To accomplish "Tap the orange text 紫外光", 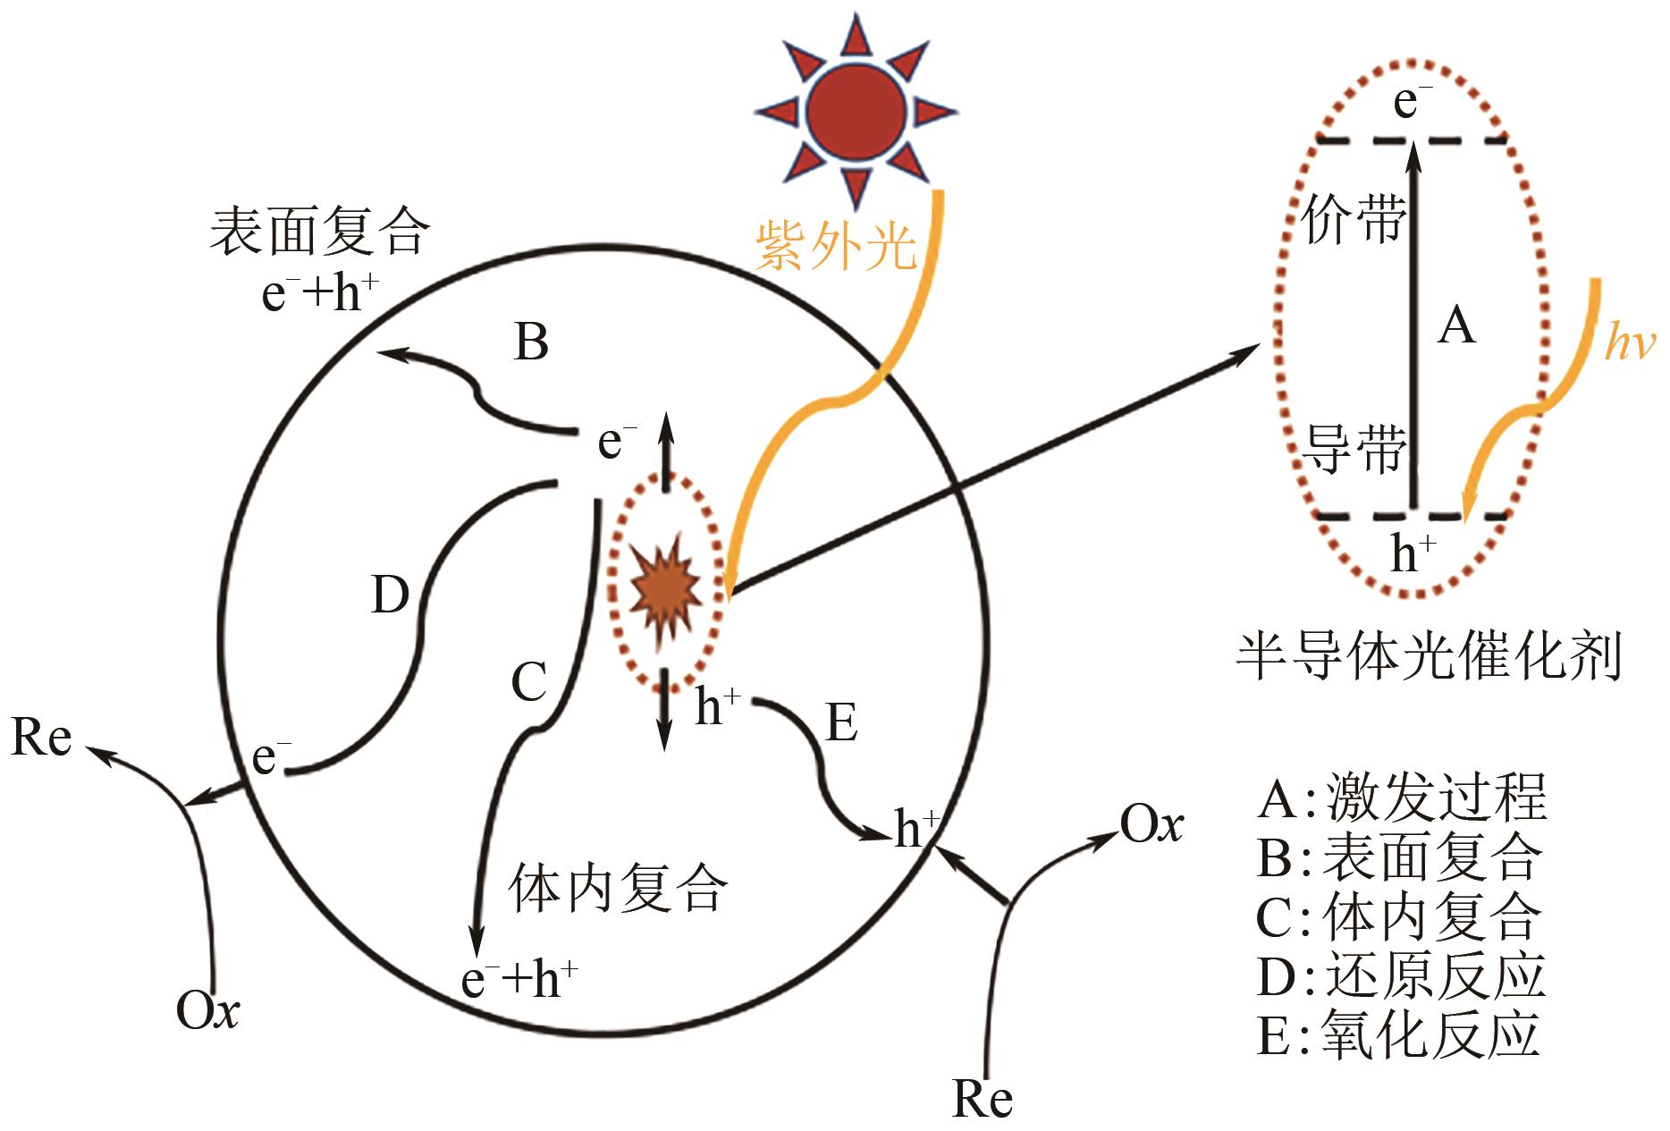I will click(x=836, y=245).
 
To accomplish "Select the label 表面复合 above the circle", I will click(x=319, y=231).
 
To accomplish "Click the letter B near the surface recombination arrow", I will click(x=531, y=342).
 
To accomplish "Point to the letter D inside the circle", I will click(x=390, y=595).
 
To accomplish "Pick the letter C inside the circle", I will click(x=528, y=683).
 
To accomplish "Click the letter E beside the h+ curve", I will click(x=841, y=722).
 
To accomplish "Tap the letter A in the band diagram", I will click(x=1456, y=325).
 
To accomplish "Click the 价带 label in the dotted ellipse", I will click(x=1353, y=218).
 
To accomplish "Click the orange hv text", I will click(x=1629, y=342).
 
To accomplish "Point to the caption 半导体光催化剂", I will click(x=1429, y=658).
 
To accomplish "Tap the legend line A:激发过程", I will click(x=1401, y=798).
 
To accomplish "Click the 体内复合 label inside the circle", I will click(x=618, y=889).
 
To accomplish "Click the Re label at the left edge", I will click(x=41, y=739).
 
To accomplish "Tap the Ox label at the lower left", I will click(x=207, y=1012).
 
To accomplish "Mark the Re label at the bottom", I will click(x=982, y=1099).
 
